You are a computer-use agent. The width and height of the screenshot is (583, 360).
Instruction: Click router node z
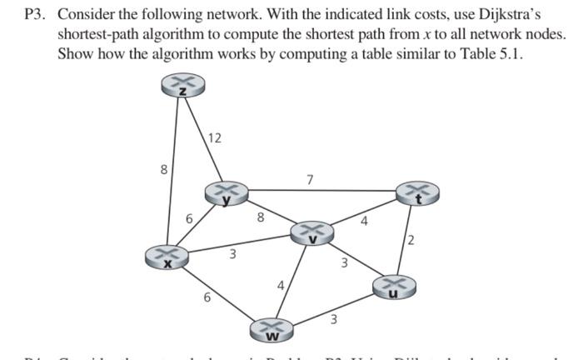[x=182, y=87]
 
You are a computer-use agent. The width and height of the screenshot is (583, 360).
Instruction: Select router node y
[x=223, y=193]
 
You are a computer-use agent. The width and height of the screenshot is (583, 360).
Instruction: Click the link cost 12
[x=214, y=137]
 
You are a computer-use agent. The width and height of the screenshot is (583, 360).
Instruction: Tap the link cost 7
[x=310, y=179]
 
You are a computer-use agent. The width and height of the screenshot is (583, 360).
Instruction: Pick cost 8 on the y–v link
[x=261, y=218]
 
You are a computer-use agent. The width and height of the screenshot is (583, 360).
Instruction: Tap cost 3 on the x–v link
[x=234, y=254]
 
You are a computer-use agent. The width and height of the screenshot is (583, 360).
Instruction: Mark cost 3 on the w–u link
[x=332, y=317]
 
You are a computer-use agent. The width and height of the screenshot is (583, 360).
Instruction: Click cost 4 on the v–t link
[x=364, y=221]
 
